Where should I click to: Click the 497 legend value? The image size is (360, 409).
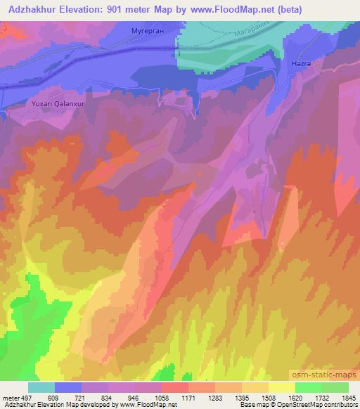coord(27,397)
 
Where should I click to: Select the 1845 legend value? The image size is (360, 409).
coord(348,397)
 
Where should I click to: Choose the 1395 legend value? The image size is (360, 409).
coord(241,397)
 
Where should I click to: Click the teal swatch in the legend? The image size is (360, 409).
coord(41,387)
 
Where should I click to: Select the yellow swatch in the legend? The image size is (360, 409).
coord(281,387)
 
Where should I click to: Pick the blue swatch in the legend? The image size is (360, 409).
coord(68,387)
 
